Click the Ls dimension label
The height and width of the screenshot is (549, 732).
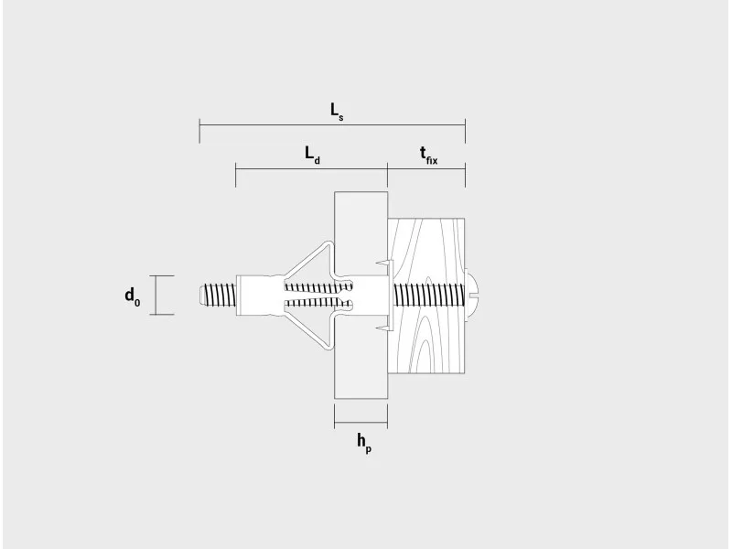pos(337,112)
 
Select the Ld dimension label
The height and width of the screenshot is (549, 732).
pos(313,155)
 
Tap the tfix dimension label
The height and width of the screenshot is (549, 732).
pos(428,155)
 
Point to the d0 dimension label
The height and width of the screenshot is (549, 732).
pos(132,296)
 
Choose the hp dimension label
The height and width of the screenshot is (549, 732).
pos(364,443)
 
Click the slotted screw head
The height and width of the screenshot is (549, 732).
pos(471,294)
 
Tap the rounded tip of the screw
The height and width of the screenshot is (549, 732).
pos(199,295)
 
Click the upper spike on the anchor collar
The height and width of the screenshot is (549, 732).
pos(382,264)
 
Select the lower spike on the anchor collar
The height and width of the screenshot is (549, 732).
pos(382,328)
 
